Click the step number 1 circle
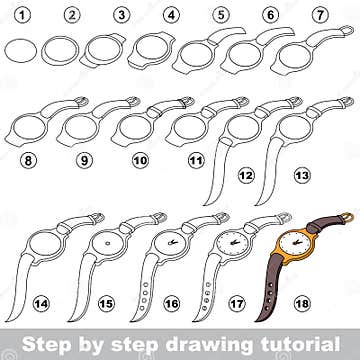click(23, 15)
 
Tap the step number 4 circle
click(171, 15)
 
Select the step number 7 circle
click(320, 15)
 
